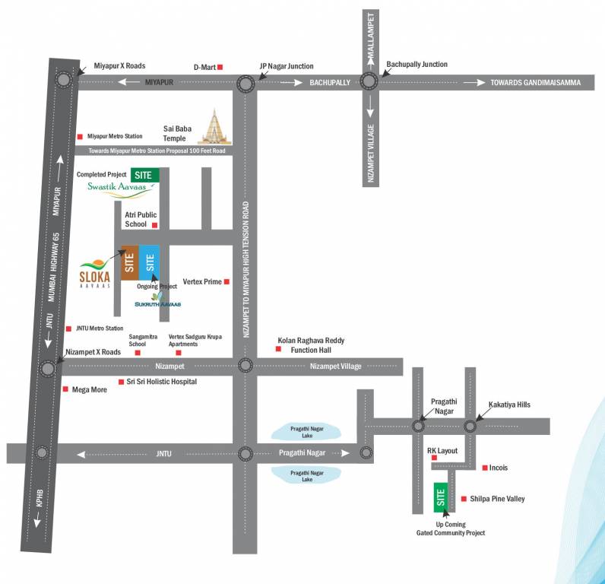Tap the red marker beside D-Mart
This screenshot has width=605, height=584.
point(220,68)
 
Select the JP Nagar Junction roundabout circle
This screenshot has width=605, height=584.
point(245,84)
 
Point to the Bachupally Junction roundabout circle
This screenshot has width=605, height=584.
point(369,81)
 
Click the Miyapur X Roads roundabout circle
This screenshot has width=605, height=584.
point(63,79)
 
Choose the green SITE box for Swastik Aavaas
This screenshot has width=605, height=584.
point(145,175)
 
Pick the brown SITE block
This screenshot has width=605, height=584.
point(129,263)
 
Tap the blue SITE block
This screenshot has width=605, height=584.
point(150,263)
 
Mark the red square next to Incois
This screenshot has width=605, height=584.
point(485,468)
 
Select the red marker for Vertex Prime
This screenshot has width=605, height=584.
point(226,281)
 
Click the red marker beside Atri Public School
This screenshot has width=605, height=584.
point(154,225)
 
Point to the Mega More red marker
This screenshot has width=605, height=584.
point(65,389)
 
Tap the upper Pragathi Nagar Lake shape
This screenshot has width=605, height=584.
point(307,431)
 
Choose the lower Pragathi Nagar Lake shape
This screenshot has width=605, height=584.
point(307,475)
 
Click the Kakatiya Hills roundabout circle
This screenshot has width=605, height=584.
point(470,426)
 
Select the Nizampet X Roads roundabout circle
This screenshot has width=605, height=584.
point(48,368)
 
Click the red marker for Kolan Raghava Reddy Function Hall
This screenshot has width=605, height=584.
point(278,349)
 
